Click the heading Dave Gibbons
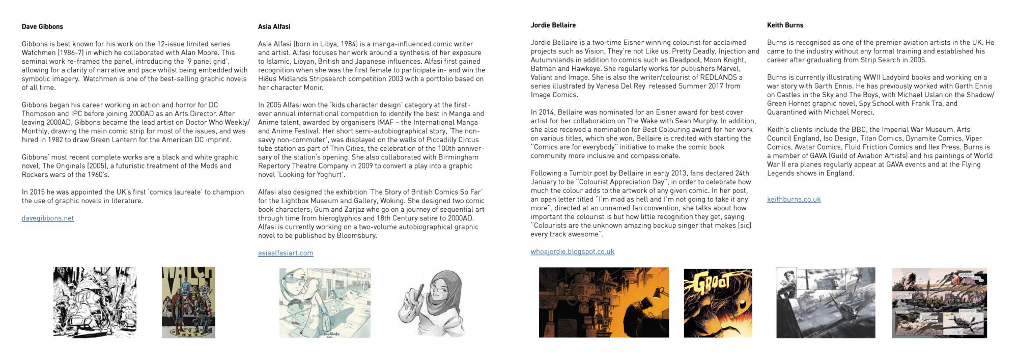tap(42, 26)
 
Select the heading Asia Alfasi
tap(274, 26)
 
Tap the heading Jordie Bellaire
tap(553, 25)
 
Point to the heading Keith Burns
tap(785, 25)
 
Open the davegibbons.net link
tap(48, 218)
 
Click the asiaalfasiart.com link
tap(286, 253)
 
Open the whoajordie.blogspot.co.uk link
tap(572, 252)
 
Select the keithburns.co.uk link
tap(794, 200)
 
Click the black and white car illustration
tap(95, 302)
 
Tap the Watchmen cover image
tap(188, 302)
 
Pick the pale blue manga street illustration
tap(325, 303)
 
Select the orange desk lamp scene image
tap(604, 302)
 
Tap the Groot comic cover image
tap(718, 302)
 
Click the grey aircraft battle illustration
tap(826, 302)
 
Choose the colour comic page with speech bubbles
tap(939, 303)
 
